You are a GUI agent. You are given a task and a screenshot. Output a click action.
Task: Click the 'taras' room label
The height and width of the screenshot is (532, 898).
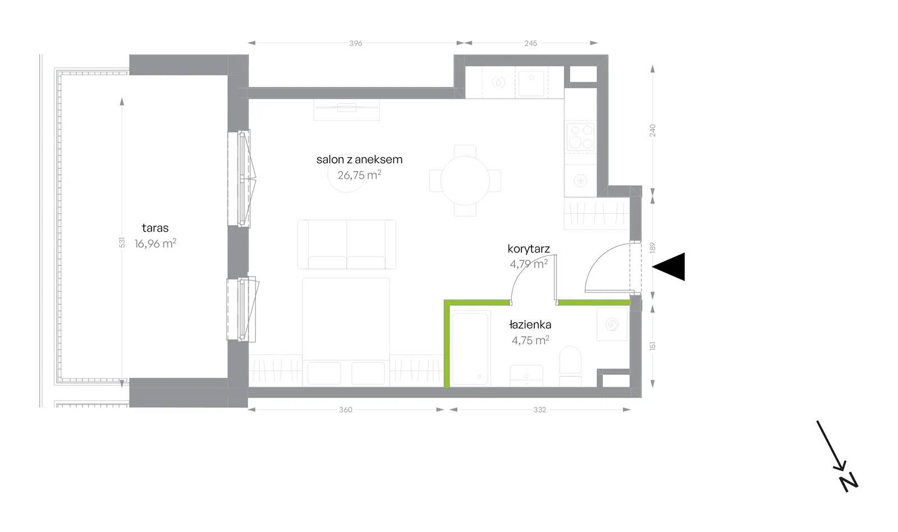(x=155, y=228)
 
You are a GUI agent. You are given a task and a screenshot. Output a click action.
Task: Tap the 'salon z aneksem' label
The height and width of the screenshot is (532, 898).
(x=359, y=159)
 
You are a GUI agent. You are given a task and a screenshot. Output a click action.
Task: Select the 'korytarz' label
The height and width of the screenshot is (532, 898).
(x=528, y=249)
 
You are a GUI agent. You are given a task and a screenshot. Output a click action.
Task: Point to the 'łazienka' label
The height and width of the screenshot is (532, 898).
(x=530, y=324)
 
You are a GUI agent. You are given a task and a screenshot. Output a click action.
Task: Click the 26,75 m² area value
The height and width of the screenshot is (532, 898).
(x=359, y=175)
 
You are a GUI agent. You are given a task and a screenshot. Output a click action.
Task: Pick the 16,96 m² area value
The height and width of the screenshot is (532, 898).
(x=155, y=244)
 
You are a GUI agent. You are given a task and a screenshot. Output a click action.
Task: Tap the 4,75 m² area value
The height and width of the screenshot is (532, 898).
(x=530, y=340)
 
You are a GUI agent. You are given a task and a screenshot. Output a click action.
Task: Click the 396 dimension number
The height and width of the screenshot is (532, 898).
(x=356, y=43)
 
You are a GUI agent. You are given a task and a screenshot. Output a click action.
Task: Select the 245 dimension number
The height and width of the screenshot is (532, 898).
(x=530, y=43)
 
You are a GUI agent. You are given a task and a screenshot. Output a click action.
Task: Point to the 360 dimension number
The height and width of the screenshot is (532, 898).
(x=346, y=410)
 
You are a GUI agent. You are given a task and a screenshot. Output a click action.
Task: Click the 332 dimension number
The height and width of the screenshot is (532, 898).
(x=539, y=410)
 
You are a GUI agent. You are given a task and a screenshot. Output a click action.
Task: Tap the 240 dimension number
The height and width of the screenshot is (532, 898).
(x=653, y=130)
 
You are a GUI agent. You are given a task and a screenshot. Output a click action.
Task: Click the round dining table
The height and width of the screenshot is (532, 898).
(x=465, y=181)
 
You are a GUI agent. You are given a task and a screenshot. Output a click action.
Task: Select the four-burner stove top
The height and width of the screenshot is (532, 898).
(x=580, y=136)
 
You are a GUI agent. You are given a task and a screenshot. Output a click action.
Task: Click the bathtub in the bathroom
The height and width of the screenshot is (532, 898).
(x=470, y=349)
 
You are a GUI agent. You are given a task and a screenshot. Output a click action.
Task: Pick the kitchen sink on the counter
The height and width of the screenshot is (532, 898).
(x=531, y=83)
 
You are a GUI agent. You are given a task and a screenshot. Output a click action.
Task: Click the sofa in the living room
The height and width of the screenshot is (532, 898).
(x=347, y=244)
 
